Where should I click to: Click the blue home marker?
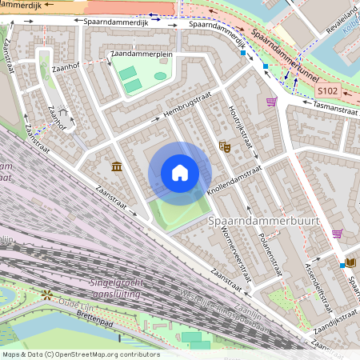(x=180, y=173)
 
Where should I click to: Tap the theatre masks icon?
(x=225, y=146)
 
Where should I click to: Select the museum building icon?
(x=117, y=166)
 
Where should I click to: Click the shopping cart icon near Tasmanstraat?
(x=272, y=102)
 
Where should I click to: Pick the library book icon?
(x=351, y=262)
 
